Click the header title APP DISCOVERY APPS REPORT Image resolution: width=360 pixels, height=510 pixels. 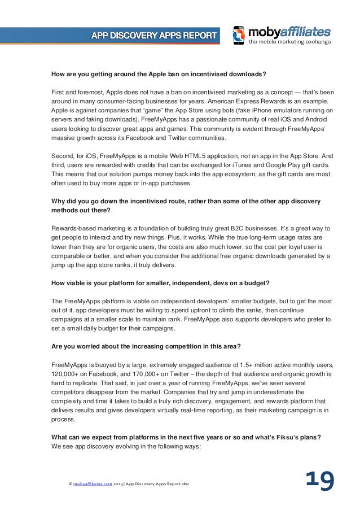coord(153,36)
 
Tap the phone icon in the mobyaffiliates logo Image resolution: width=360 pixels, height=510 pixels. coord(239,35)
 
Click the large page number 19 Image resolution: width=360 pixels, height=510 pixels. coord(319,481)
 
